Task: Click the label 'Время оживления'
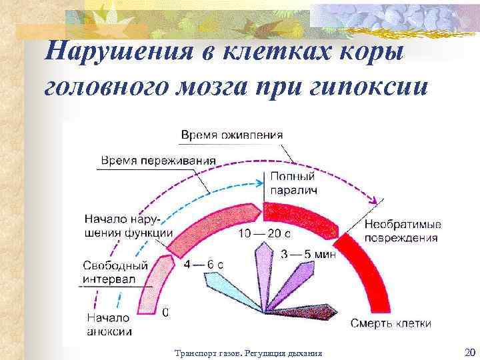(x=231, y=135)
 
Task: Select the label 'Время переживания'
(x=158, y=161)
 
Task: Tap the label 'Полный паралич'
(x=293, y=183)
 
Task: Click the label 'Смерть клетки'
(x=391, y=323)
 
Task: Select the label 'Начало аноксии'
(x=109, y=324)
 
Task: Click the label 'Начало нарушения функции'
(x=129, y=225)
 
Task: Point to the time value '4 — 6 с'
(x=204, y=264)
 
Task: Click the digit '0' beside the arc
(x=165, y=311)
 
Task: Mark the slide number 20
(x=467, y=352)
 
